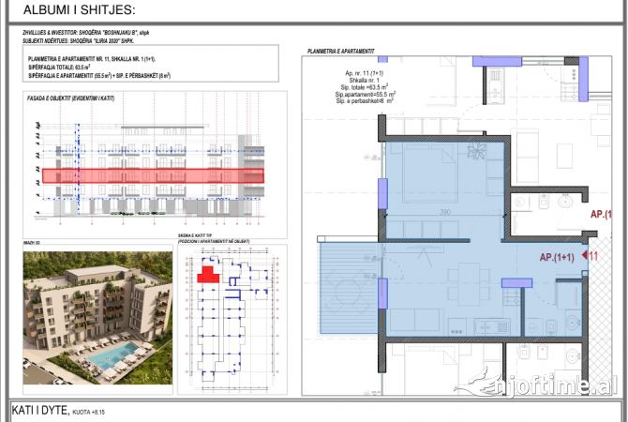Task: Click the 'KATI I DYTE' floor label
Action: coord(40,410)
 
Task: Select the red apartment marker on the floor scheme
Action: coord(207,273)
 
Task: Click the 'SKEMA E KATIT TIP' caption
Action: coord(197,237)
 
